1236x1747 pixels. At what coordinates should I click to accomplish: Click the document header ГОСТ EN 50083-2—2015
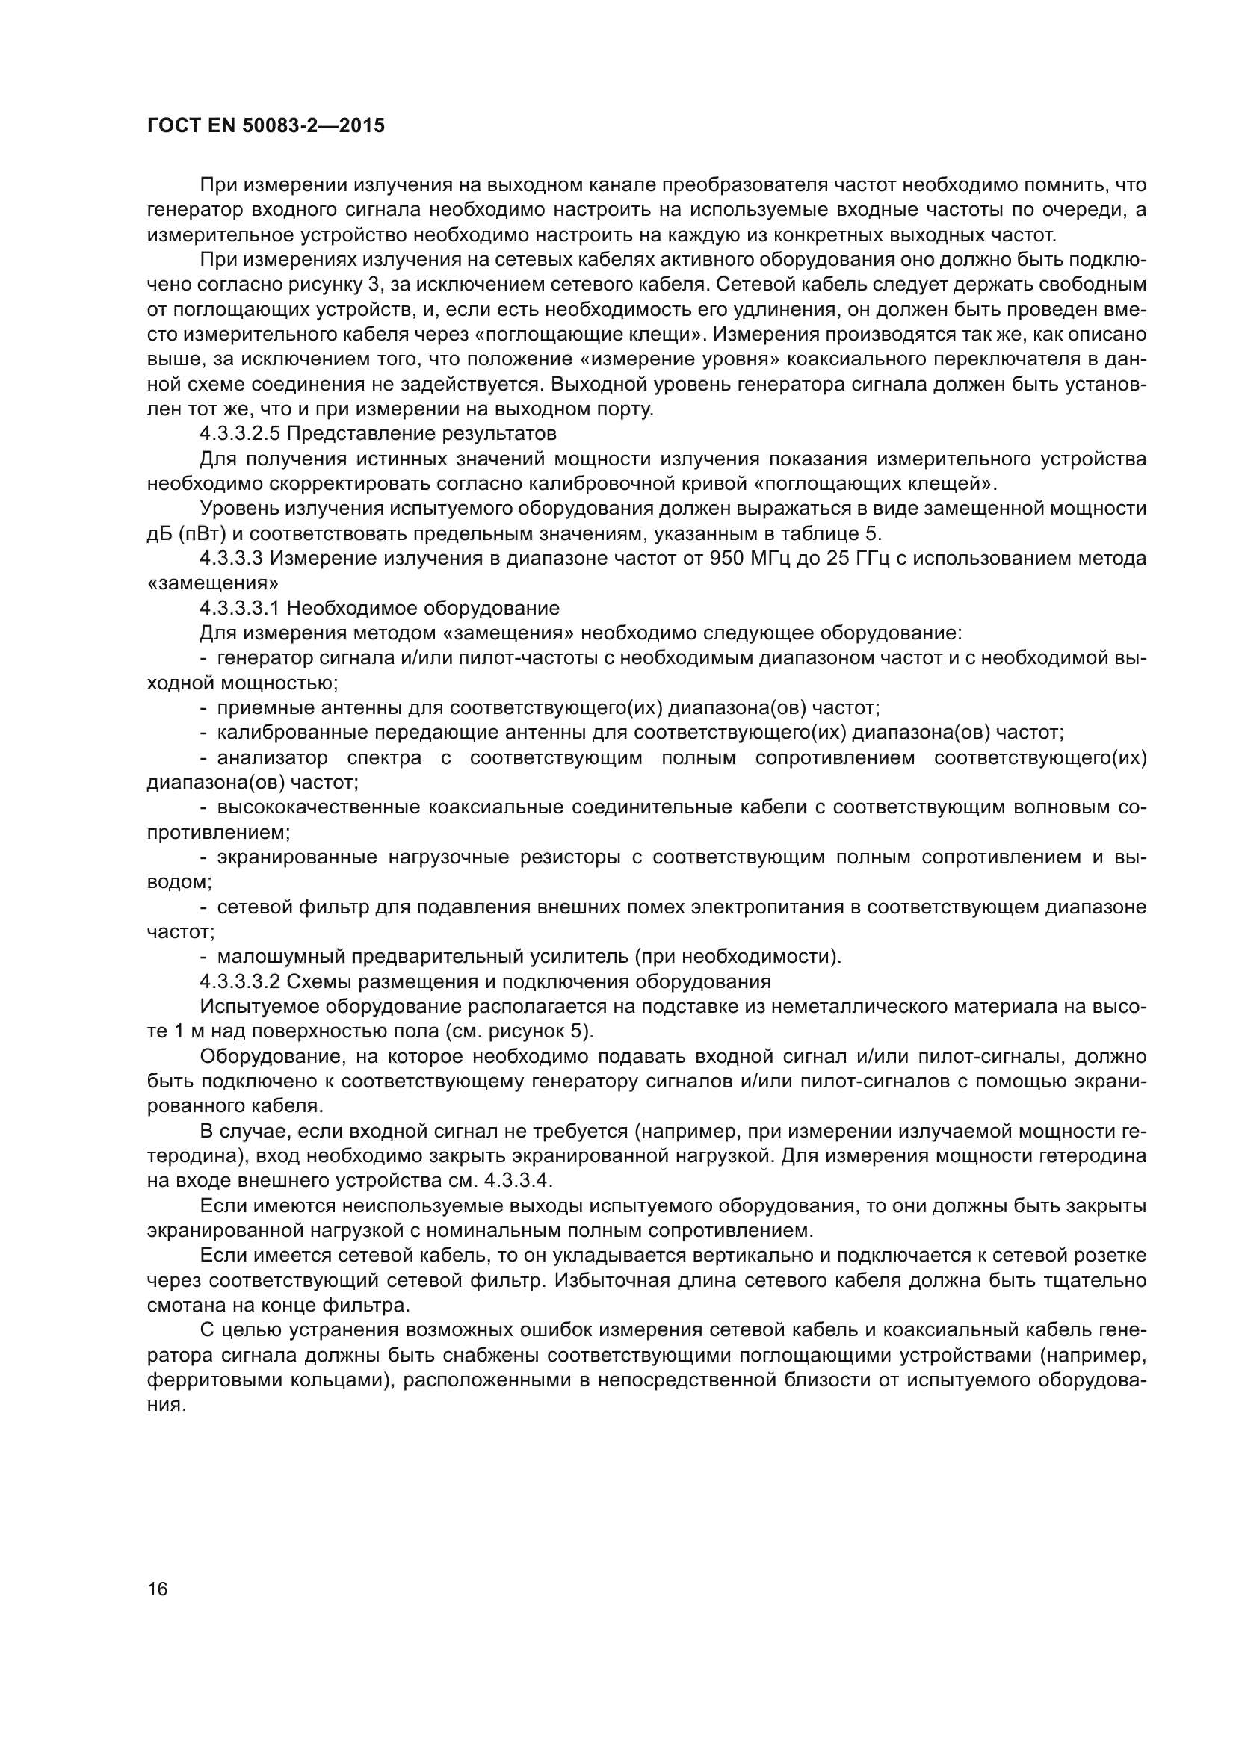265,126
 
